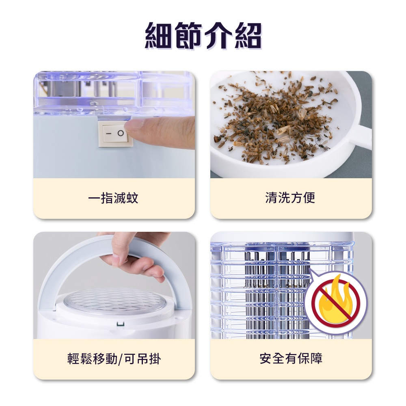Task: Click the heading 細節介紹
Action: coord(203,36)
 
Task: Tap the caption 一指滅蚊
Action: coord(113,199)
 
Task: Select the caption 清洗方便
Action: coord(290,198)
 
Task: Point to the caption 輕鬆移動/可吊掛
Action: coord(114,359)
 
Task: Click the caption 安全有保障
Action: coord(291,358)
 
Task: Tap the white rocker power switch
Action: coord(115,134)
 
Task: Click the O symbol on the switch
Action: coord(121,133)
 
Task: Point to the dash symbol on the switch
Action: coord(108,134)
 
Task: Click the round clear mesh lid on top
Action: coord(114,302)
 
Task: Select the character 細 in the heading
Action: coord(159,36)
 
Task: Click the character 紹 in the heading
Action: coord(248,36)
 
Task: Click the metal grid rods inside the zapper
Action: coord(277,293)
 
